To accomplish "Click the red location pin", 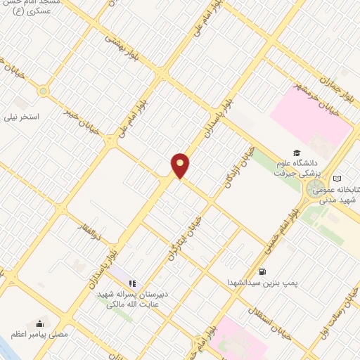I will (x=181, y=165).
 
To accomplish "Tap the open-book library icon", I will (x=338, y=179).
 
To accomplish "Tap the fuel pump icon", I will (x=262, y=271).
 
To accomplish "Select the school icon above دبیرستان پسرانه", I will (x=131, y=283).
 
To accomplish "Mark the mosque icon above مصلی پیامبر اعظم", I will (x=39, y=323).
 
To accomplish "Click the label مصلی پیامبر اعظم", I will (x=39, y=334).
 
